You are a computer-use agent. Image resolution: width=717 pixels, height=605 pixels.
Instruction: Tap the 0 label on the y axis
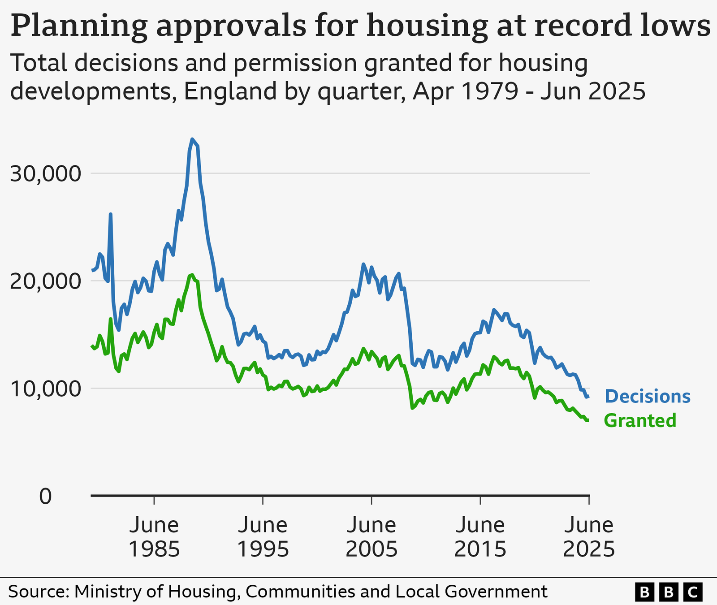(x=45, y=497)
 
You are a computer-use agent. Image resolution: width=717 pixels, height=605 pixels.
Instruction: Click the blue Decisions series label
(x=648, y=397)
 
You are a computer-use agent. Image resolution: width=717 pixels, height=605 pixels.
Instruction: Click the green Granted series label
(x=640, y=421)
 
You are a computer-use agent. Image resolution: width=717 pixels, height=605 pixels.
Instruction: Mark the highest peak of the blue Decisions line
(x=192, y=139)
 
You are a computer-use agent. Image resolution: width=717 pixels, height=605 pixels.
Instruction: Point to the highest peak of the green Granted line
(x=192, y=275)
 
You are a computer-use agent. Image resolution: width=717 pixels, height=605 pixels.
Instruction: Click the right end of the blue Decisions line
(x=587, y=397)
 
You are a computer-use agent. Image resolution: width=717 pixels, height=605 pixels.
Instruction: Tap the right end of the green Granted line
(x=587, y=420)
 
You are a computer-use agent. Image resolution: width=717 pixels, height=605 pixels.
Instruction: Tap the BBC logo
(x=668, y=592)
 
